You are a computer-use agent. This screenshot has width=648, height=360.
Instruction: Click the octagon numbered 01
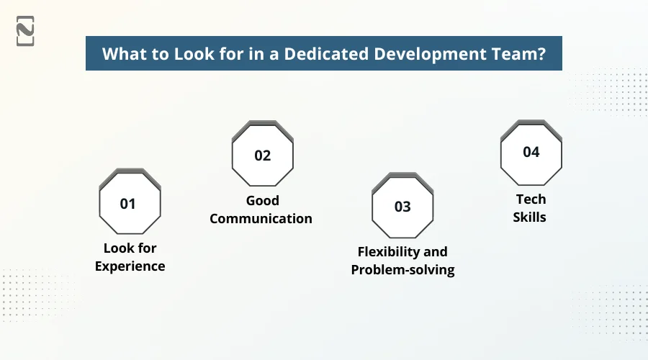129,204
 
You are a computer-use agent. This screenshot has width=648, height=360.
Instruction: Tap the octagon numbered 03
402,207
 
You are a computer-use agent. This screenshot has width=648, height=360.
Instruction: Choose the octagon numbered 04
531,153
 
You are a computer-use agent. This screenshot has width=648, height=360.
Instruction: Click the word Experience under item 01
130,266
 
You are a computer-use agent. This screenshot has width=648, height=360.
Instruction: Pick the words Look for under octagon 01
130,248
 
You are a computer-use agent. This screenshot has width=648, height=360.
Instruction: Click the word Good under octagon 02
262,200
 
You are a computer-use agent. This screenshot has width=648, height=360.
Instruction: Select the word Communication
261,218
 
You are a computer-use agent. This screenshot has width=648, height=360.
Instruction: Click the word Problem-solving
402,270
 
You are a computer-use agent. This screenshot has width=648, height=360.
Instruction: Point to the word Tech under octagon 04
531,199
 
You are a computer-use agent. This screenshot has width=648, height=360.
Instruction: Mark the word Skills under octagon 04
531,217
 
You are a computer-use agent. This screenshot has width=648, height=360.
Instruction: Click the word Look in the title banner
188,55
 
